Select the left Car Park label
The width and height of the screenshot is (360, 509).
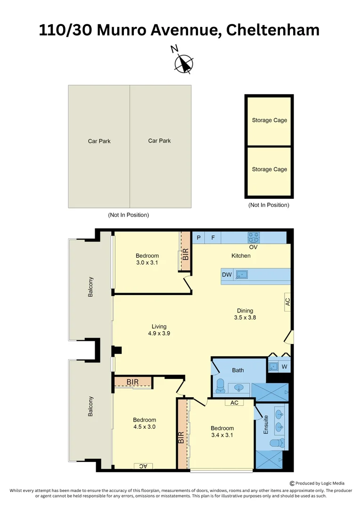99,141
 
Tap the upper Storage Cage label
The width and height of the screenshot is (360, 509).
269,120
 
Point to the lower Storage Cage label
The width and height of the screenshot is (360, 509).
269,169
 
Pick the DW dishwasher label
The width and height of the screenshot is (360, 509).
227,275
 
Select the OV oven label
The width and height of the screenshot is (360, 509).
253,247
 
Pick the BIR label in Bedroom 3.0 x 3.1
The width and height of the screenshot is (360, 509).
186,254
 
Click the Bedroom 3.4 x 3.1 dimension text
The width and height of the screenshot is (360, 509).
222,432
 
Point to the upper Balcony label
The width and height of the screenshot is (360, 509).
90,287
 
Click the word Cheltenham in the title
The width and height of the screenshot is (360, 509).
273,30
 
